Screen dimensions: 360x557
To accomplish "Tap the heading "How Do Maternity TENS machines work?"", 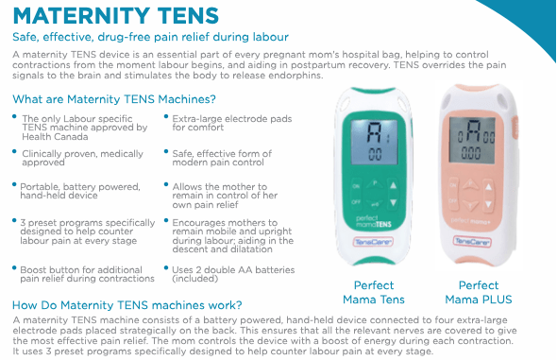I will point(127,304).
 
